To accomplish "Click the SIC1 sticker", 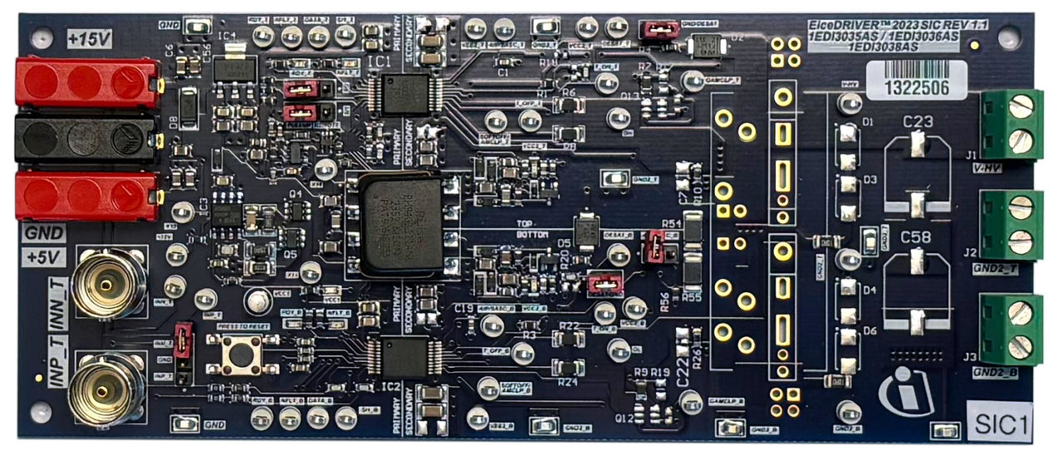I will pos(1001,426).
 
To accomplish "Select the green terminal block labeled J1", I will pos(1011,124).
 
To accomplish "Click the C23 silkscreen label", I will pos(917,122).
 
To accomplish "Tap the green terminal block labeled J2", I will pos(1011,226).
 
